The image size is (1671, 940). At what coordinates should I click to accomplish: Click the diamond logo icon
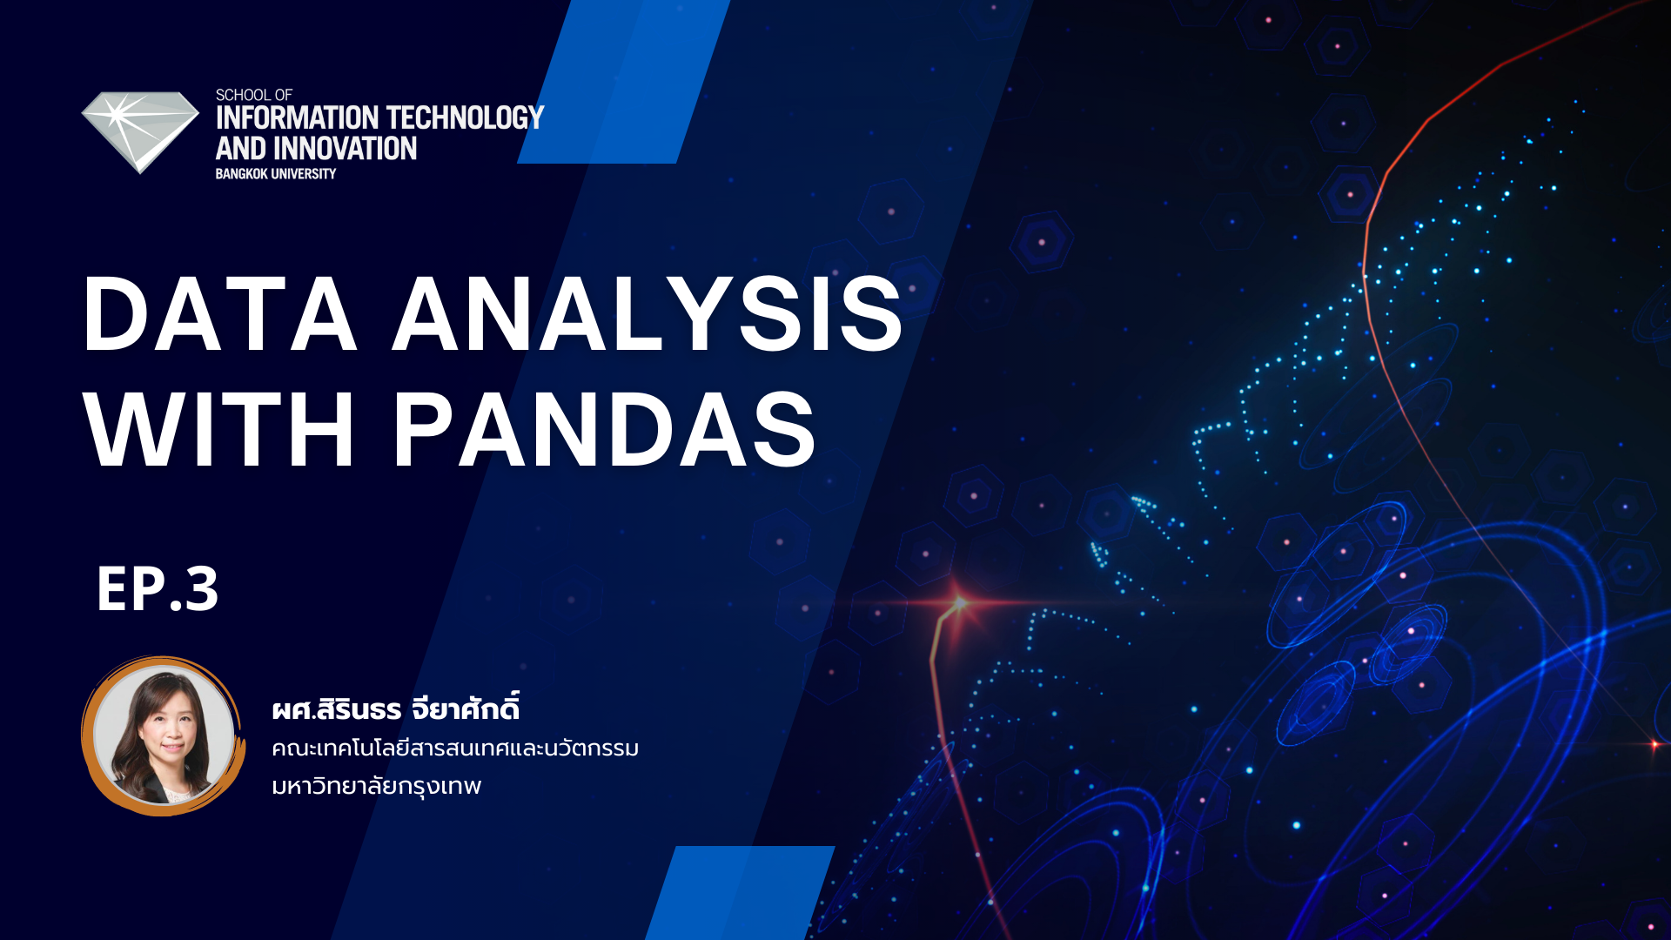(140, 131)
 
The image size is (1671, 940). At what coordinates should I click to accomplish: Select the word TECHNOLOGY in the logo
(465, 118)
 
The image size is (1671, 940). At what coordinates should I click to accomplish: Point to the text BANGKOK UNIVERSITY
(276, 174)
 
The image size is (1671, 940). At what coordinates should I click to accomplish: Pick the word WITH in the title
(219, 429)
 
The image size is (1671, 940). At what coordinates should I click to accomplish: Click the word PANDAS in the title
(605, 429)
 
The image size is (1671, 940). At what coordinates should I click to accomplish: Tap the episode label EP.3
(158, 589)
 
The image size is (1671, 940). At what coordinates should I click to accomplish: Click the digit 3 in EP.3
(201, 589)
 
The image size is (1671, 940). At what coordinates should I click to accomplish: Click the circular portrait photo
(163, 736)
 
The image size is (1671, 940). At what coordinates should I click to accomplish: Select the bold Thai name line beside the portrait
(395, 708)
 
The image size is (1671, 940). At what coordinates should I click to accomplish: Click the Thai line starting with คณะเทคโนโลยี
(455, 749)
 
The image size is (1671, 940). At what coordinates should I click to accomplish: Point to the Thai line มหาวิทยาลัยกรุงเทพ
(376, 786)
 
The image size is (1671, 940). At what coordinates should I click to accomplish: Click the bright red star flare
(959, 602)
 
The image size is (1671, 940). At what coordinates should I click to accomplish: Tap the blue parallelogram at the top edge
(623, 82)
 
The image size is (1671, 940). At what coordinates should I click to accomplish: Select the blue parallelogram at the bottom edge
(740, 892)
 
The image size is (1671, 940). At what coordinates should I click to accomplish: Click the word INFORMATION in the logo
(297, 118)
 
